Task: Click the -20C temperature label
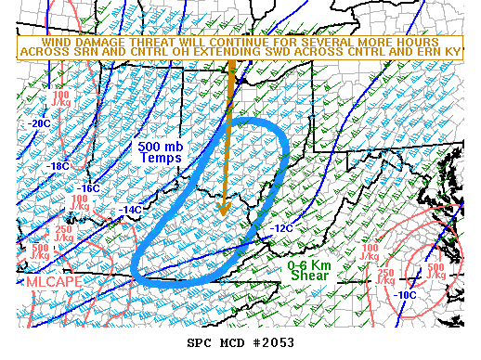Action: tap(39, 122)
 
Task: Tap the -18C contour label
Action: tap(58, 166)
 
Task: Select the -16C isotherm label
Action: tap(88, 187)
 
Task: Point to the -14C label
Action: tap(130, 210)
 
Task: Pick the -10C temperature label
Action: tap(406, 295)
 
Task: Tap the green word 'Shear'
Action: tap(308, 275)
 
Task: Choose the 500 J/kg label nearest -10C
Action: tap(435, 272)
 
